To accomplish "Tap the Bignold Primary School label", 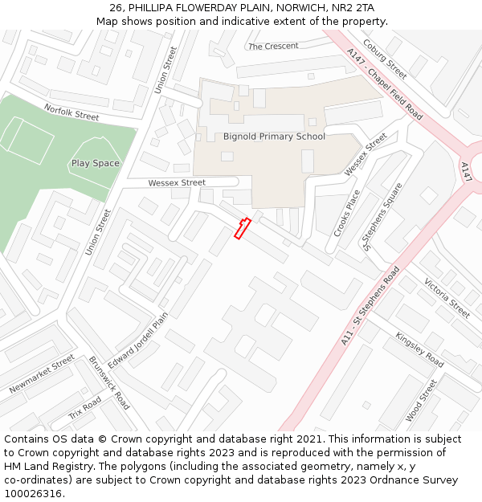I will click(x=274, y=137).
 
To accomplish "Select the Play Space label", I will click(x=96, y=164).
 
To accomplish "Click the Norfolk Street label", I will click(x=71, y=112).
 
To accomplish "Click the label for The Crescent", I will click(x=273, y=47).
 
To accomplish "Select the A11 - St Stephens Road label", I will click(x=370, y=306).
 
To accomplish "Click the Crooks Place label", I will click(x=347, y=213).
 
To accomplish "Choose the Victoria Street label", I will click(x=447, y=298).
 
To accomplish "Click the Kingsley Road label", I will click(x=419, y=349).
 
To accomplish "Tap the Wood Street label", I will click(x=421, y=400).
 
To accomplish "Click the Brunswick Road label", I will click(x=109, y=382).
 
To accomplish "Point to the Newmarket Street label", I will click(x=42, y=374).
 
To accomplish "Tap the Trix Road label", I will click(x=85, y=408).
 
